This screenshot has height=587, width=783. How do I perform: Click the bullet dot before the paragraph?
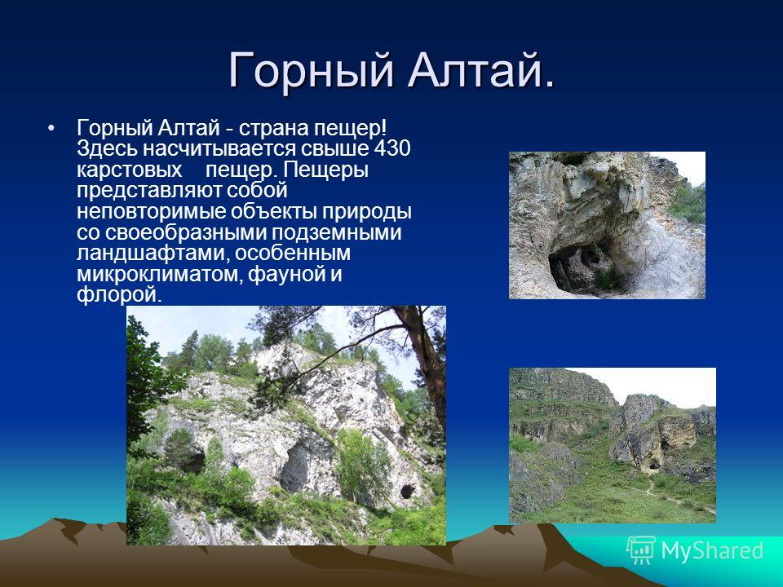click(x=50, y=128)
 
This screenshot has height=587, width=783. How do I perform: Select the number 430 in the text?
click(x=392, y=148)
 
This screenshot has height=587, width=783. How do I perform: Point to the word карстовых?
click(x=130, y=170)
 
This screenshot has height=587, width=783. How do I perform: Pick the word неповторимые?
click(x=152, y=212)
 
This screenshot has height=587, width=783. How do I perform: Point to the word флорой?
click(x=120, y=295)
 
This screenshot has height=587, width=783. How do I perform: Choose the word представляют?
click(x=149, y=191)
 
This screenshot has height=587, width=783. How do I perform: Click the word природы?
click(x=366, y=212)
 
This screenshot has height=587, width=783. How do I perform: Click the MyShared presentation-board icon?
click(x=641, y=550)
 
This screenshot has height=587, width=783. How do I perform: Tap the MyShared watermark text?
click(x=713, y=550)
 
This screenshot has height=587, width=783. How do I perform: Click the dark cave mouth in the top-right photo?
click(x=579, y=267)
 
